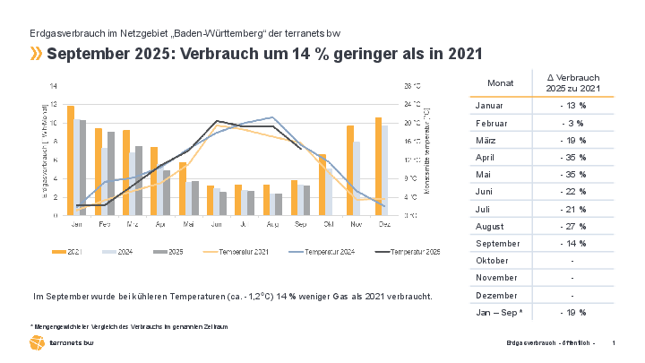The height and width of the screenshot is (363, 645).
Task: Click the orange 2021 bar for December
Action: (379, 166)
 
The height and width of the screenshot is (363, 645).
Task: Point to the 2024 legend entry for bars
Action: (118, 253)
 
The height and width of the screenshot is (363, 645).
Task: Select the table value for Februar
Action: (572, 123)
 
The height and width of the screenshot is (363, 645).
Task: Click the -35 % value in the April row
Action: (572, 157)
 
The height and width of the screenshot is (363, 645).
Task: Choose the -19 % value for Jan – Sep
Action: (572, 312)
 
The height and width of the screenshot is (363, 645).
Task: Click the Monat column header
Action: (501, 82)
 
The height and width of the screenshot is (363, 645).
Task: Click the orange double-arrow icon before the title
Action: (36, 54)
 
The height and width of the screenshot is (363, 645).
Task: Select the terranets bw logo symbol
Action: (37, 343)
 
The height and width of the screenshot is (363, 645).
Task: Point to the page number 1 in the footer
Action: (613, 344)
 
